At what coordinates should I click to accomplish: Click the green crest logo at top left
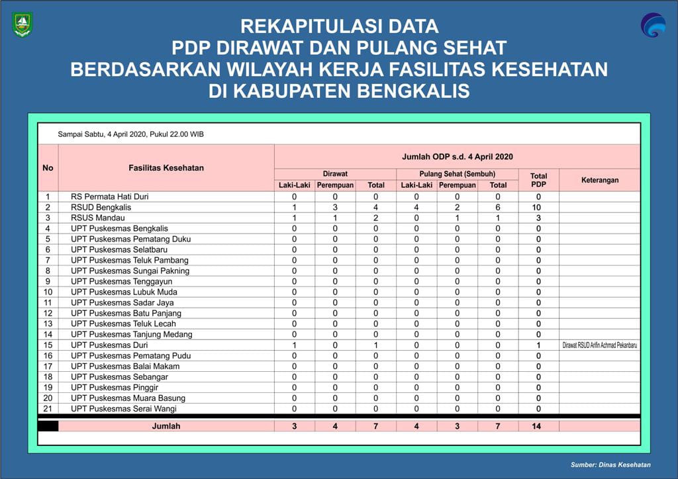point(23,24)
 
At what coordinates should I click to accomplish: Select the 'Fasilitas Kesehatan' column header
point(166,168)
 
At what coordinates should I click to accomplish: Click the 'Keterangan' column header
point(599,180)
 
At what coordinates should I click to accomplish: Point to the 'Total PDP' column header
point(538,180)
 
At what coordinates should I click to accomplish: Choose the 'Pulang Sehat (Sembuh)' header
point(457,173)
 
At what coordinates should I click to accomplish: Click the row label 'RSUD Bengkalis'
point(101,207)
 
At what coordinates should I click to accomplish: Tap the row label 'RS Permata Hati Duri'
point(109,196)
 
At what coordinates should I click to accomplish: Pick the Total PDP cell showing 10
point(538,207)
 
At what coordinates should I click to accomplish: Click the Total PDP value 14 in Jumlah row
point(536,426)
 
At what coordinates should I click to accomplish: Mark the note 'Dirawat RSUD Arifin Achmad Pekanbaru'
point(600,345)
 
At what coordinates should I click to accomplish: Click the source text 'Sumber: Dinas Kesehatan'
point(610,465)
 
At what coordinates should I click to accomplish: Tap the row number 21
point(48,409)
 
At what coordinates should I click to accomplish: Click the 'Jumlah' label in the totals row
point(166,426)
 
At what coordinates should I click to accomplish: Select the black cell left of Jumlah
point(48,426)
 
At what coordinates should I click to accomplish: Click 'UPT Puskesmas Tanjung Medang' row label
point(128,334)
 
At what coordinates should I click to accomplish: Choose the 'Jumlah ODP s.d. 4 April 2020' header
point(457,157)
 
